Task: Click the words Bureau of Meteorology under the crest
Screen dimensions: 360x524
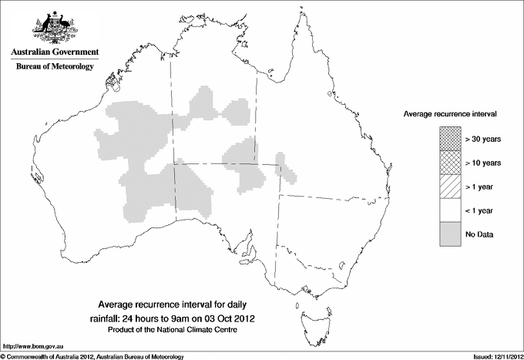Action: [55, 67]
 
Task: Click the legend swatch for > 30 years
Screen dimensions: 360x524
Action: [449, 139]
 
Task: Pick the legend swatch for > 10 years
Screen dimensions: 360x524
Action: [449, 163]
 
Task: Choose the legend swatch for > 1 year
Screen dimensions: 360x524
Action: [449, 186]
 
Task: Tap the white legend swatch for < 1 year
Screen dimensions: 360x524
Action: [449, 210]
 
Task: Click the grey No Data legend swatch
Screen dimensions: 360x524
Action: [449, 234]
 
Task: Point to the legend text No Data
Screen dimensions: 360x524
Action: [479, 234]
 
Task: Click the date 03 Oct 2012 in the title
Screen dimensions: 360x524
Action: [227, 318]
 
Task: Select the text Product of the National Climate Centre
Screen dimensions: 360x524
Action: [176, 330]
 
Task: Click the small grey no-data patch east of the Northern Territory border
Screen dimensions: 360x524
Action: [285, 168]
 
